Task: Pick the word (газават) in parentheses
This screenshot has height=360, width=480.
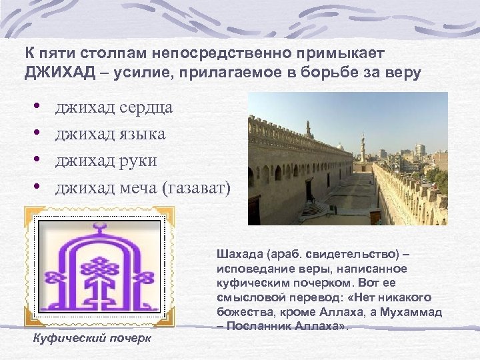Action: coord(196,188)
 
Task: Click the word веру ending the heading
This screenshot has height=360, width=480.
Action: coord(404,73)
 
